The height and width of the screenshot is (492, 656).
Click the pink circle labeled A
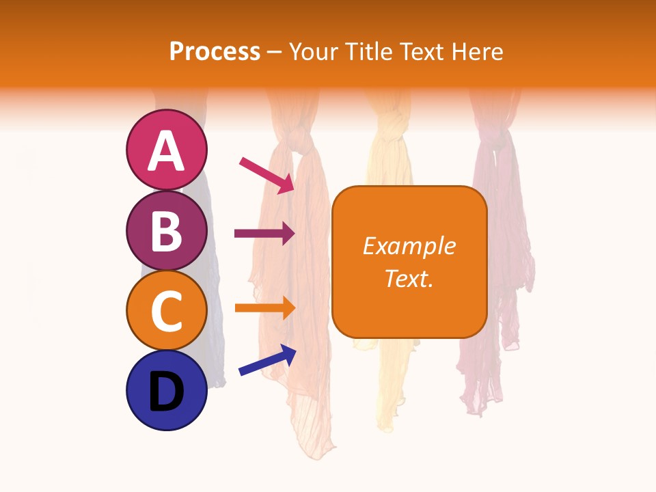tap(166, 150)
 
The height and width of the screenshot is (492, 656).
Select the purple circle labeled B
tap(166, 230)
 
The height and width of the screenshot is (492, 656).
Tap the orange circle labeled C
tap(166, 310)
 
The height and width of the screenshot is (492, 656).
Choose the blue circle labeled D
tap(166, 390)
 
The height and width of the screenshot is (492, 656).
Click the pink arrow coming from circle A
tap(266, 174)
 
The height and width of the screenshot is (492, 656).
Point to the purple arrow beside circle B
tap(264, 234)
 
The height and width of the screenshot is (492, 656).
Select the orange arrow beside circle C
tap(264, 307)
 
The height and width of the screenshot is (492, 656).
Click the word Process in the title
tap(215, 51)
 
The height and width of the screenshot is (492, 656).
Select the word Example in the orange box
tap(409, 246)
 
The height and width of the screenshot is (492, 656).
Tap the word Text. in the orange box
tap(409, 278)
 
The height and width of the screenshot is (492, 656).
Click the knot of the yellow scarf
tap(387, 126)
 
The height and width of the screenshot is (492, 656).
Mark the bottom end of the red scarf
tap(478, 410)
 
